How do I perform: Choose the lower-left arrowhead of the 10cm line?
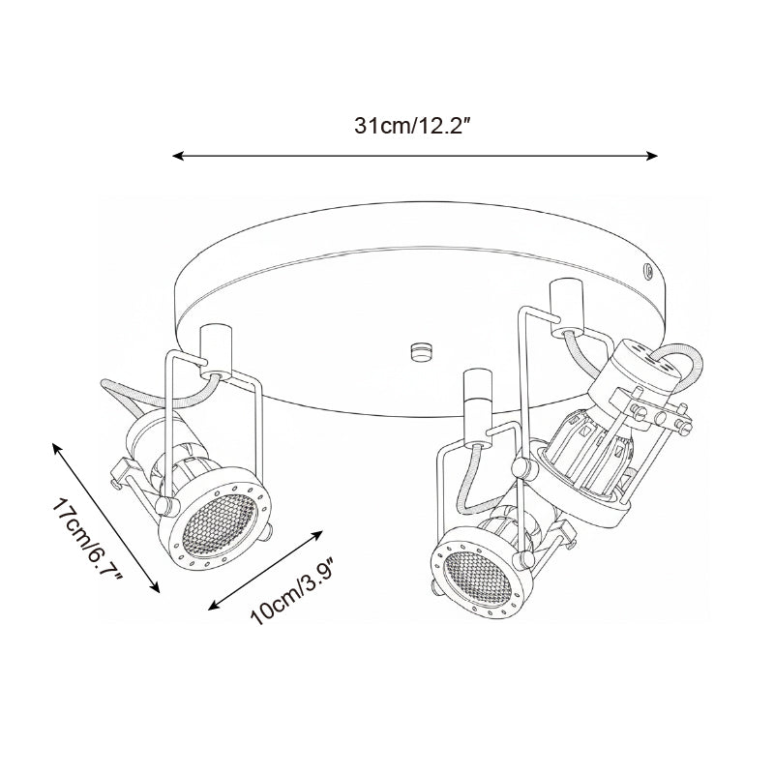coord(214,606)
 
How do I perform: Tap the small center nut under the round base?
coord(420,349)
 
